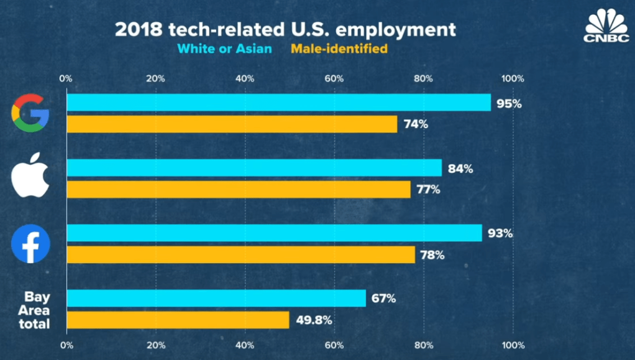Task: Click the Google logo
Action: (30, 113)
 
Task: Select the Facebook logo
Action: (30, 243)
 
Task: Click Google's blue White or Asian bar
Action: (278, 103)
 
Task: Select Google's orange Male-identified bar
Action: (232, 124)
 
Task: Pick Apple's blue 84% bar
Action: (254, 168)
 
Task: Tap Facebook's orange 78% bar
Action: (240, 254)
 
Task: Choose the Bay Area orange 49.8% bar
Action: (178, 320)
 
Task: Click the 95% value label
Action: (508, 103)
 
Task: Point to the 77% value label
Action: (427, 190)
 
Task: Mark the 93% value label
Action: (500, 234)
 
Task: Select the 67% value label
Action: (383, 298)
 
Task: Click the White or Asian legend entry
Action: (224, 48)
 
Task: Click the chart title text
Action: (285, 29)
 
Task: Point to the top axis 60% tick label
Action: (334, 79)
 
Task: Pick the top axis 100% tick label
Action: (513, 79)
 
